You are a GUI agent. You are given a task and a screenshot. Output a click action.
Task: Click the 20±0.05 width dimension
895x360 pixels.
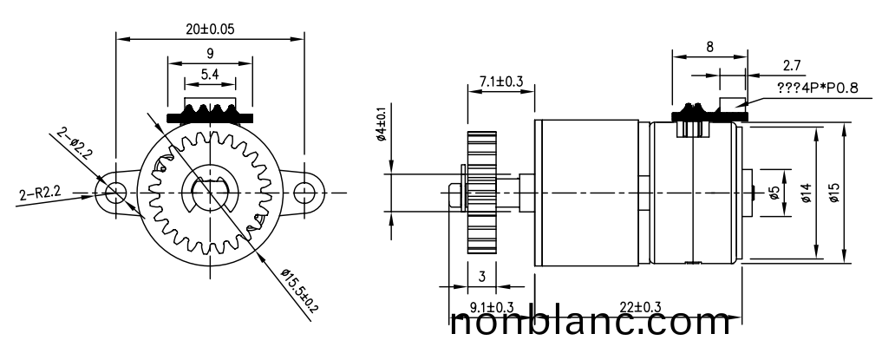[211, 28]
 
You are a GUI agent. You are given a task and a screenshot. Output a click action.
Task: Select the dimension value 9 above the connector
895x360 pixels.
[211, 53]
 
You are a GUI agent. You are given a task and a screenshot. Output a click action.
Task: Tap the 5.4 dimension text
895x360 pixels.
[210, 75]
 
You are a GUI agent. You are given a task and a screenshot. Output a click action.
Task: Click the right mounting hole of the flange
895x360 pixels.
[305, 192]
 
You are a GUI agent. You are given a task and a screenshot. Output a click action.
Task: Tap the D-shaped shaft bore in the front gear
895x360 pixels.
[210, 193]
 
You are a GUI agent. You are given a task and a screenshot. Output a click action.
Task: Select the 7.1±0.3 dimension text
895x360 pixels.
[500, 81]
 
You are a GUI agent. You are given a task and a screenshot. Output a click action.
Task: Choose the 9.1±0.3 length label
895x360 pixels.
[492, 307]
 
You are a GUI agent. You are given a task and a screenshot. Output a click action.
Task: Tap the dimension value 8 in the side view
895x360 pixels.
[710, 48]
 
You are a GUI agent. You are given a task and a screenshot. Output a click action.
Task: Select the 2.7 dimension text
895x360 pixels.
[791, 66]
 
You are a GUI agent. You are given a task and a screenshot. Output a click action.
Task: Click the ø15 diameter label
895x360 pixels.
[835, 193]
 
